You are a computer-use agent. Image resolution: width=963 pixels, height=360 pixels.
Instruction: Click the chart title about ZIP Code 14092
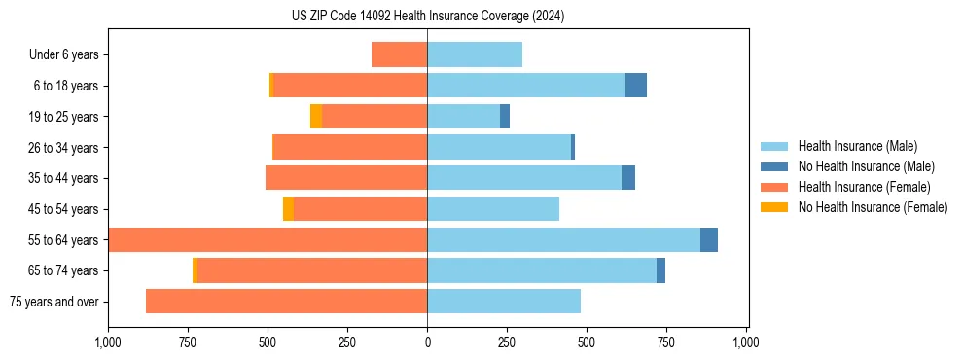click(427, 17)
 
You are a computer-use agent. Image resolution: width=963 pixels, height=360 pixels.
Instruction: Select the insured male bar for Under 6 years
click(475, 54)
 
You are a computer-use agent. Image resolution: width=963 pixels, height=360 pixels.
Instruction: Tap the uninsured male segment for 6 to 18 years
click(636, 86)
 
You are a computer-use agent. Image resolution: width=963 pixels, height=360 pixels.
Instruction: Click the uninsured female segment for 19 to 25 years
click(316, 117)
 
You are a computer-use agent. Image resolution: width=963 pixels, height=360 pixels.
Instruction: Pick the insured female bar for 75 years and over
click(286, 302)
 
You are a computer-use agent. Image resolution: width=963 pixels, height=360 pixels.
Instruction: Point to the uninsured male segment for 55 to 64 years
click(709, 240)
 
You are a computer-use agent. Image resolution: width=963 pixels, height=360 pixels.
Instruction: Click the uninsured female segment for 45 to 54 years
click(288, 209)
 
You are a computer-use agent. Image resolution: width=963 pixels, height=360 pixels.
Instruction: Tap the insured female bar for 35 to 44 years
click(346, 178)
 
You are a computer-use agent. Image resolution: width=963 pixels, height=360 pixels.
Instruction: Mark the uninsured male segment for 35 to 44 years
click(628, 178)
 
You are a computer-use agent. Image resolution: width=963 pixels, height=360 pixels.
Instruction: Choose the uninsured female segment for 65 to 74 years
click(195, 270)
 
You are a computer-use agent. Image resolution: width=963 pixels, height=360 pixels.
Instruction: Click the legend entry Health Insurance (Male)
click(857, 146)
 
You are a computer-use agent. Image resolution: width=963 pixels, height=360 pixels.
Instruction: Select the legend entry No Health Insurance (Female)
click(873, 207)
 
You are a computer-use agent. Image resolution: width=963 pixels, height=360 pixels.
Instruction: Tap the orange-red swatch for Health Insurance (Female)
click(774, 187)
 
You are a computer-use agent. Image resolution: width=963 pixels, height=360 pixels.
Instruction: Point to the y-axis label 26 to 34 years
click(63, 148)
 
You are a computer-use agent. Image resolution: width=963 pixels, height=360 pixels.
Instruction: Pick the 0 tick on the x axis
click(427, 342)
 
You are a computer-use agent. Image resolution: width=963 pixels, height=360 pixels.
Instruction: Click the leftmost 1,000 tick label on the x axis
click(108, 342)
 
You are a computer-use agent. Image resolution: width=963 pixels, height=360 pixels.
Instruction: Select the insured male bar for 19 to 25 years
click(463, 117)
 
